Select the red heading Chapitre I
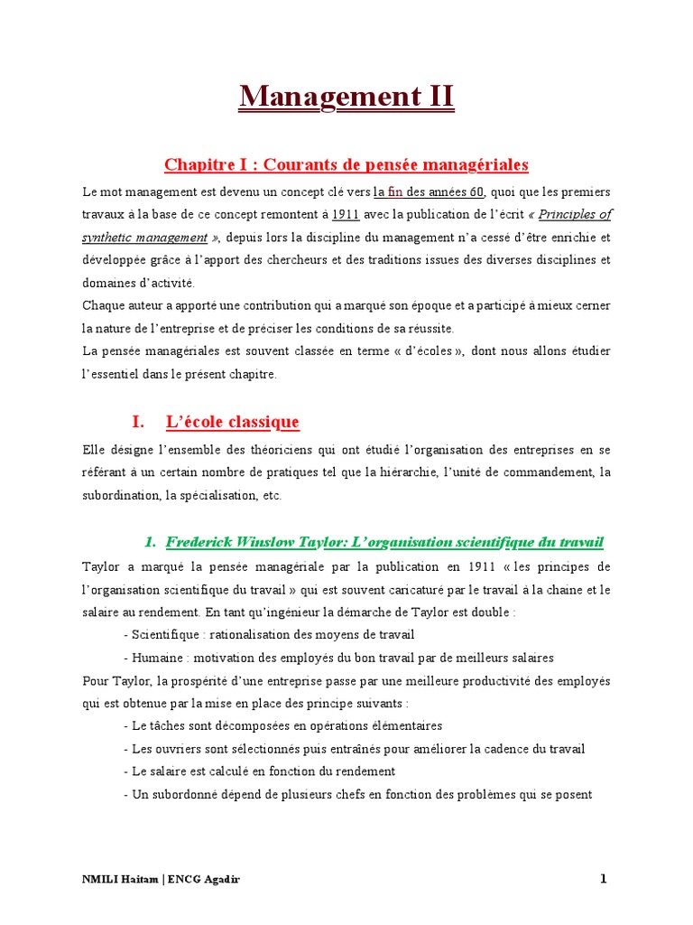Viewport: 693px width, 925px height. (346, 164)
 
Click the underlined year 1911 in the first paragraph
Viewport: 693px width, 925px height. (346, 215)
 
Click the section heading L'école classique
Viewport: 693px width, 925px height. (232, 422)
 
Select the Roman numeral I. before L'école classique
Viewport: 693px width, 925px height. (138, 422)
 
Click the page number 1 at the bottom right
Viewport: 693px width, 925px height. (605, 879)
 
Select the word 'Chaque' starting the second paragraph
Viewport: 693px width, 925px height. (102, 305)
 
